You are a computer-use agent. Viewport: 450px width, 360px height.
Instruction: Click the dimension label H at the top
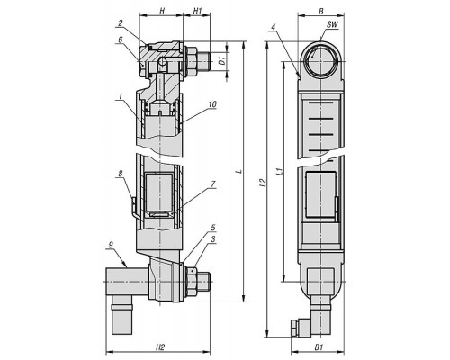[x=162, y=11]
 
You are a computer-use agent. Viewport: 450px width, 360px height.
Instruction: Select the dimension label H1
[x=197, y=11]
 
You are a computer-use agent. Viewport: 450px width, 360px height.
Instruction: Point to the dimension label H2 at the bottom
[x=160, y=348]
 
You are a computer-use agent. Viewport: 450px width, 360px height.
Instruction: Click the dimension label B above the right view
[x=320, y=12]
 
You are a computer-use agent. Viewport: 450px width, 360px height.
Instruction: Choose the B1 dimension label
[x=319, y=348]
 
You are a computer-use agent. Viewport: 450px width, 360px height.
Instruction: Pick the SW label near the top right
[x=332, y=24]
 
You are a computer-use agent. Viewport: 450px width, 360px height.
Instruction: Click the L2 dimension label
[x=263, y=183]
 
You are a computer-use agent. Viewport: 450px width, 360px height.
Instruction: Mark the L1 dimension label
[x=279, y=172]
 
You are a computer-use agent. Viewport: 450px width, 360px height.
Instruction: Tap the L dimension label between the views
[x=239, y=172]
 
